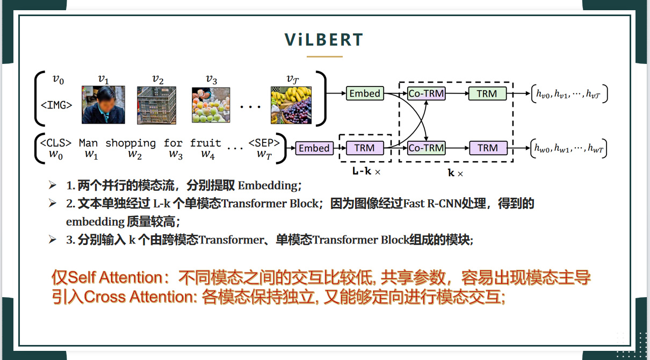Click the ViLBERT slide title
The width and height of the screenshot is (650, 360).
(x=324, y=40)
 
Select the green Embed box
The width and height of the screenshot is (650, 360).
(x=365, y=93)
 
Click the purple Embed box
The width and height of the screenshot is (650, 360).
(x=314, y=148)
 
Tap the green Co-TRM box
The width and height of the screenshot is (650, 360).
(x=427, y=93)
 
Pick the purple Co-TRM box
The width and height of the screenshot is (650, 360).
(x=427, y=148)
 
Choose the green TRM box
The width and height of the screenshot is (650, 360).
(x=487, y=93)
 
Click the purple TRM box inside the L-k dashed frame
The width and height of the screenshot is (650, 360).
(x=365, y=148)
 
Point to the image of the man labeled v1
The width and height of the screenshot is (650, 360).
(x=103, y=105)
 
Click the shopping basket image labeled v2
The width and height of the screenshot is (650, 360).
(x=156, y=105)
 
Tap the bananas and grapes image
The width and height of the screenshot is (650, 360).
(x=292, y=105)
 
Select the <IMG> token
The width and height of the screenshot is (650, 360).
(x=56, y=105)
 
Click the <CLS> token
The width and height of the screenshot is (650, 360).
(x=55, y=143)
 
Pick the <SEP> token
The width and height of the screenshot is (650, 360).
(x=264, y=143)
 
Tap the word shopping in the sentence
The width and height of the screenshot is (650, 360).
(x=131, y=143)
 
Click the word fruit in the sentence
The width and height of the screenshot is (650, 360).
(x=205, y=143)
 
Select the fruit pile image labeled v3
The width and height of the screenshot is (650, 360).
(x=211, y=105)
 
